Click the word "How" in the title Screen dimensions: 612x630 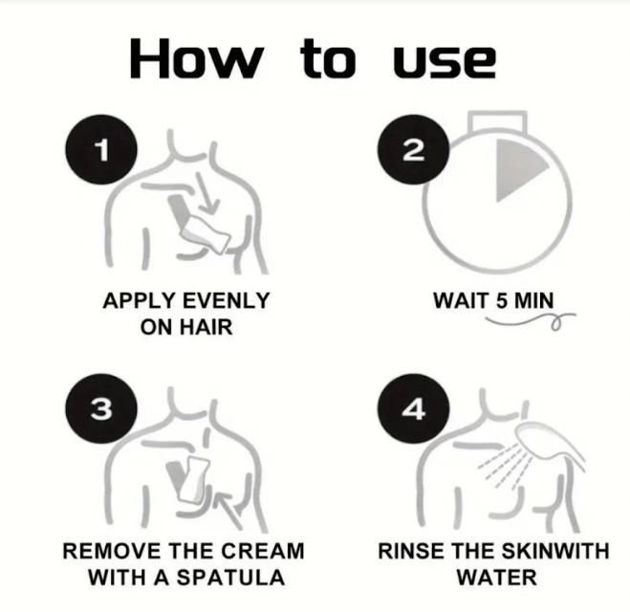tap(195, 59)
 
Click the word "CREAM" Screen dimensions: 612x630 tap(260, 552)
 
